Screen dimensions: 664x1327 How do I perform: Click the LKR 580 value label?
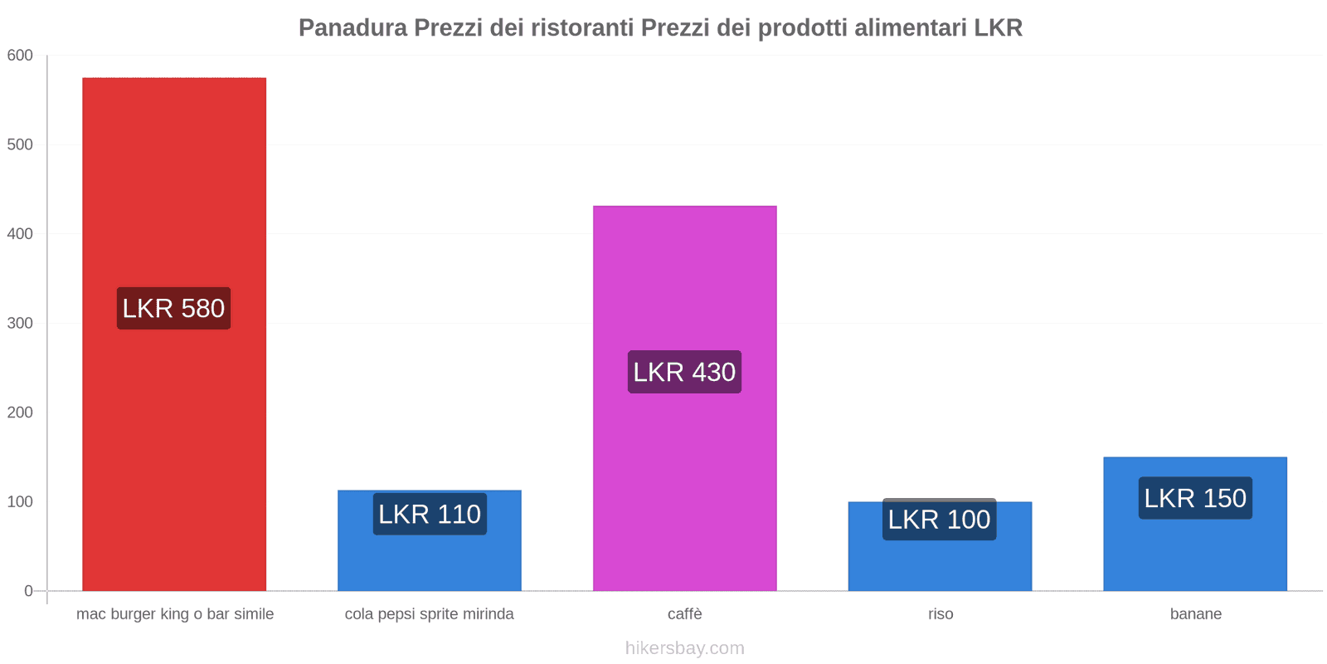pos(173,309)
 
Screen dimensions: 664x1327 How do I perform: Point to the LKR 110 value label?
pos(430,515)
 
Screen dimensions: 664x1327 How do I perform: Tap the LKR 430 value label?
pos(684,373)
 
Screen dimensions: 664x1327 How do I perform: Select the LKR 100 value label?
pos(940,520)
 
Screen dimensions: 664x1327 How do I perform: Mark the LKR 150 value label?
pos(1195,498)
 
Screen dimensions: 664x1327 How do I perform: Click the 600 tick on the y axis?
pos(20,56)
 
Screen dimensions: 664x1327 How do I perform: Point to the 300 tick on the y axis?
pos(20,324)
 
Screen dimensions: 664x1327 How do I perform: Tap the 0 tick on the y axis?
pos(28,591)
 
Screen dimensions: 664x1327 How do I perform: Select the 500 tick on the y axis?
pos(20,144)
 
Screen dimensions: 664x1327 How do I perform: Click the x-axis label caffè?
pos(685,614)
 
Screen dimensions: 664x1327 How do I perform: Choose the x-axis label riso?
pos(941,614)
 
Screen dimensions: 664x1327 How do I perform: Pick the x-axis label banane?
pos(1195,614)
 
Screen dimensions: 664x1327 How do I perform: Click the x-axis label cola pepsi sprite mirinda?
pos(430,614)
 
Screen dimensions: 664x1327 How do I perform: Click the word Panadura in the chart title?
pos(352,28)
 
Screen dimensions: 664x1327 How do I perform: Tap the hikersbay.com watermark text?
pos(685,648)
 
